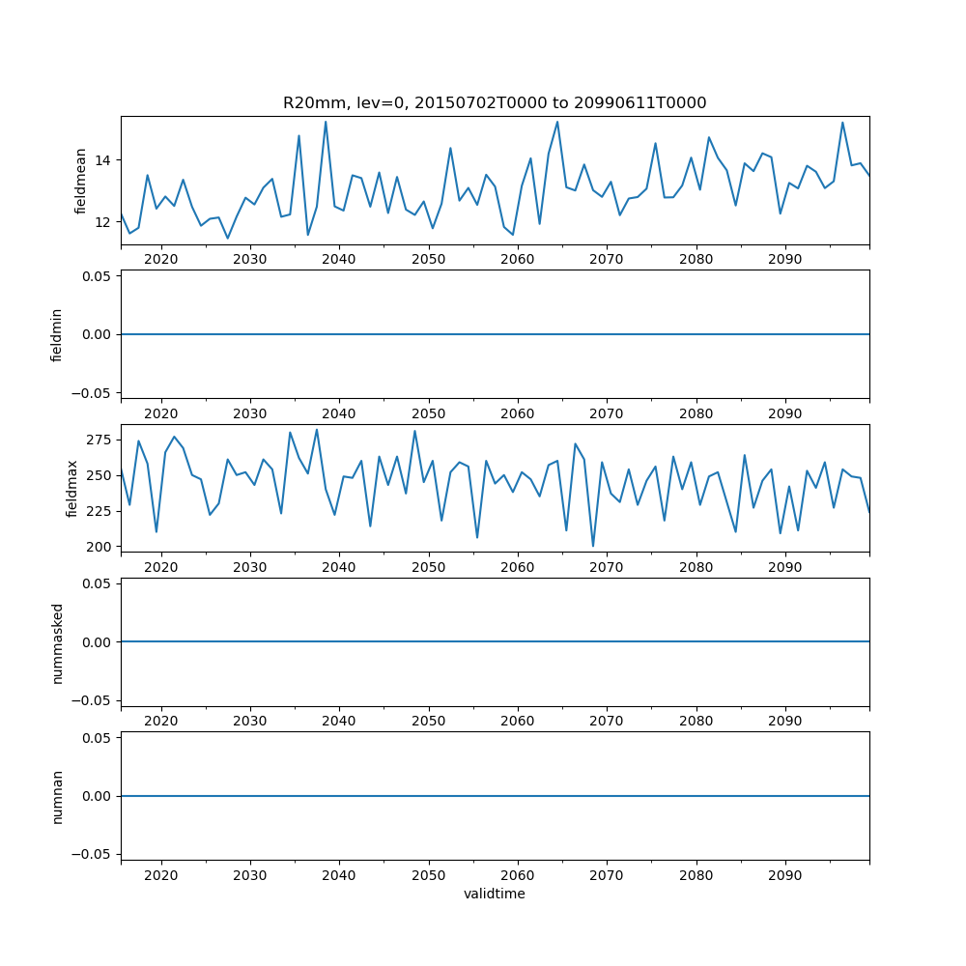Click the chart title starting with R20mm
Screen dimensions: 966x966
pos(494,102)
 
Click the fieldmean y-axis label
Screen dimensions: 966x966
pos(81,181)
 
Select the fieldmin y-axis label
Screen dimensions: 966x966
pos(57,334)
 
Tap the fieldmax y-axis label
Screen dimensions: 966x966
pos(72,488)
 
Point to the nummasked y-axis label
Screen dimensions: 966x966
pos(57,641)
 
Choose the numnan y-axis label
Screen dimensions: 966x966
pos(57,796)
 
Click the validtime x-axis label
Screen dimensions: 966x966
pos(494,894)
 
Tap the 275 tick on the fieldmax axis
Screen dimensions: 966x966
pos(100,440)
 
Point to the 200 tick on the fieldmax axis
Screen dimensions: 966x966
pos(100,547)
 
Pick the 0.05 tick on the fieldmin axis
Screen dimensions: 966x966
pos(98,275)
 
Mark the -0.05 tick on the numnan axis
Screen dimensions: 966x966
pos(94,854)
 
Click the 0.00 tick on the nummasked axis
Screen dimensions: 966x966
pos(98,641)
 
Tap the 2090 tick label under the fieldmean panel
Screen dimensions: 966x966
pos(784,260)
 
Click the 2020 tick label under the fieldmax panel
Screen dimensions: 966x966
pos(160,567)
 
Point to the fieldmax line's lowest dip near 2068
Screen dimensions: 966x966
pos(593,546)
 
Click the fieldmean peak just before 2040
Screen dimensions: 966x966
pos(326,122)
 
